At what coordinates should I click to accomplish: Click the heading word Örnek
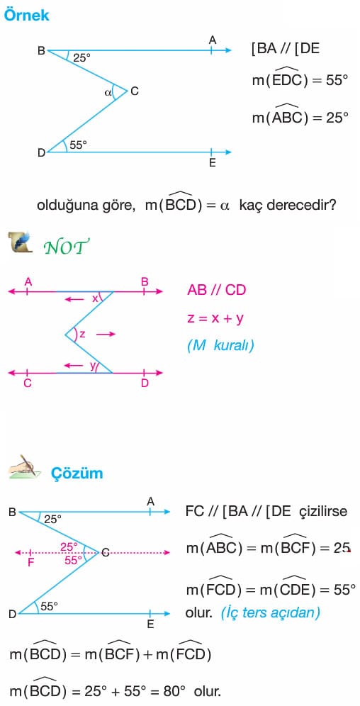click(x=26, y=16)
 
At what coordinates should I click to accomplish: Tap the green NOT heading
click(x=66, y=246)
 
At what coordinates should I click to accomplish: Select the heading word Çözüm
click(x=77, y=474)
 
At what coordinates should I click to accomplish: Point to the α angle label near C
click(x=108, y=93)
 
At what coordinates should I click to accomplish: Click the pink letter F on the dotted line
click(x=31, y=562)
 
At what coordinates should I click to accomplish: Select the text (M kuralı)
click(x=220, y=346)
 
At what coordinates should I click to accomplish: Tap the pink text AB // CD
click(x=216, y=290)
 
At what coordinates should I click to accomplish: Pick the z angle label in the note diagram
click(x=82, y=334)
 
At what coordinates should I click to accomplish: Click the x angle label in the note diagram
click(x=94, y=298)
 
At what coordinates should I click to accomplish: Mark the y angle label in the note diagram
click(x=92, y=366)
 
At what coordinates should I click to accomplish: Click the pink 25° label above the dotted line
click(x=69, y=547)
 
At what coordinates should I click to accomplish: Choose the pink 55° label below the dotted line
click(x=73, y=561)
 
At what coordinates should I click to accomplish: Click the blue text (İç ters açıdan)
click(x=271, y=613)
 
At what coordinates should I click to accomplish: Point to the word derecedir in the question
click(x=301, y=206)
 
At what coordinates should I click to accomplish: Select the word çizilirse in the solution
click(x=323, y=512)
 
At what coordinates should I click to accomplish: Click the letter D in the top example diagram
click(x=41, y=153)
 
